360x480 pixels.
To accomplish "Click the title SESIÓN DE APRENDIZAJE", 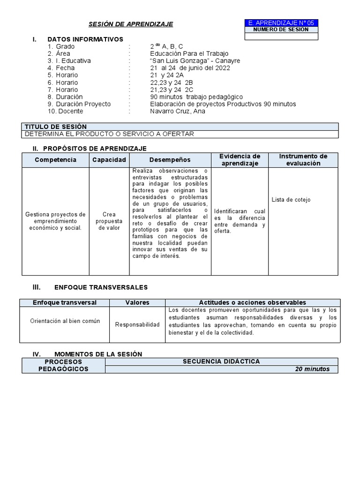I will pos(131,24).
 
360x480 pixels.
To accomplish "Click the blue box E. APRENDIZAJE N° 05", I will pos(281,22).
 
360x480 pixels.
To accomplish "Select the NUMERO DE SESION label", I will pos(281,30).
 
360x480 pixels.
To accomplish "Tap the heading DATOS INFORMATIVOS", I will pos(85,39).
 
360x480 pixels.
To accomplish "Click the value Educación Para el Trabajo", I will pos(189,54).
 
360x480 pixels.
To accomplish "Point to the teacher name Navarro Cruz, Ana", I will pos(178,111).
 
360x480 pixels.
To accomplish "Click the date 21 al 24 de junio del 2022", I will pos(190,68).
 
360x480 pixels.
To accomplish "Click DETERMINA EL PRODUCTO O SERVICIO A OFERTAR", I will pos(109,134).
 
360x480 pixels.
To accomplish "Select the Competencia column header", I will pos(55,160).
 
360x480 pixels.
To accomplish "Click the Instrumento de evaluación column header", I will pos(303,160).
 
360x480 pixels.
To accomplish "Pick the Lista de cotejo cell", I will pos(291,200).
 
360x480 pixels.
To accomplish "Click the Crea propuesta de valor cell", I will pos(109,221).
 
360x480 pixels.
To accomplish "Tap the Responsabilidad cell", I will pos(137,325).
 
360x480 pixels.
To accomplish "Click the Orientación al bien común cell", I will pos(65,321).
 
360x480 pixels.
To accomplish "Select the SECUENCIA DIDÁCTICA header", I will pos(221,361).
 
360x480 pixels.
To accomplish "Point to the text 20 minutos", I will pos(312,369).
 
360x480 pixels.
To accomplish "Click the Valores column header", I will pos(137,302).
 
